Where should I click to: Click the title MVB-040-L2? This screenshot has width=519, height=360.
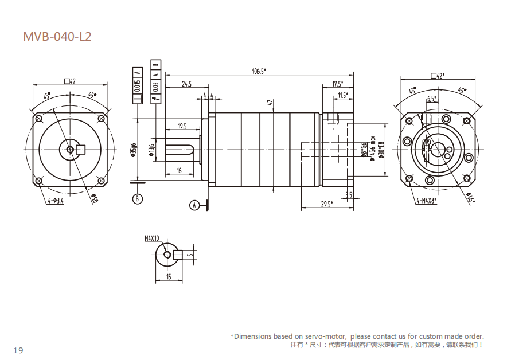57,37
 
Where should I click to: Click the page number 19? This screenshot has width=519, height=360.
18,350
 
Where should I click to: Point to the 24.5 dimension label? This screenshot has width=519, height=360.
186,84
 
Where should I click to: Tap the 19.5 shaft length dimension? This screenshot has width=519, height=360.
182,126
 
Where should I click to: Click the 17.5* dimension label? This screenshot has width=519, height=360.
338,84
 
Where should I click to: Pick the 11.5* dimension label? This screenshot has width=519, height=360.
342,95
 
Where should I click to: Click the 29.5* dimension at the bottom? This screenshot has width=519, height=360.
326,204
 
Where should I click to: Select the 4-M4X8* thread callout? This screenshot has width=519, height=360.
426,201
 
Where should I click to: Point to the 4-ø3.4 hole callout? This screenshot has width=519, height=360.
56,201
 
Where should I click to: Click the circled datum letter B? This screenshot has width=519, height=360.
137,199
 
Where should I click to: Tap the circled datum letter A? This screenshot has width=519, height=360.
194,204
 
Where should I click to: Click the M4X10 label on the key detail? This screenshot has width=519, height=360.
152,237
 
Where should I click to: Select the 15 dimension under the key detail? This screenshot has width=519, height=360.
169,277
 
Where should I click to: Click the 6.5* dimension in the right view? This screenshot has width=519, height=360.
431,99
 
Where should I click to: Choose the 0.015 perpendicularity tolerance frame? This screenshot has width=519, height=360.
137,86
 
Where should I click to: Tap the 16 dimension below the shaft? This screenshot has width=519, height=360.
179,170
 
